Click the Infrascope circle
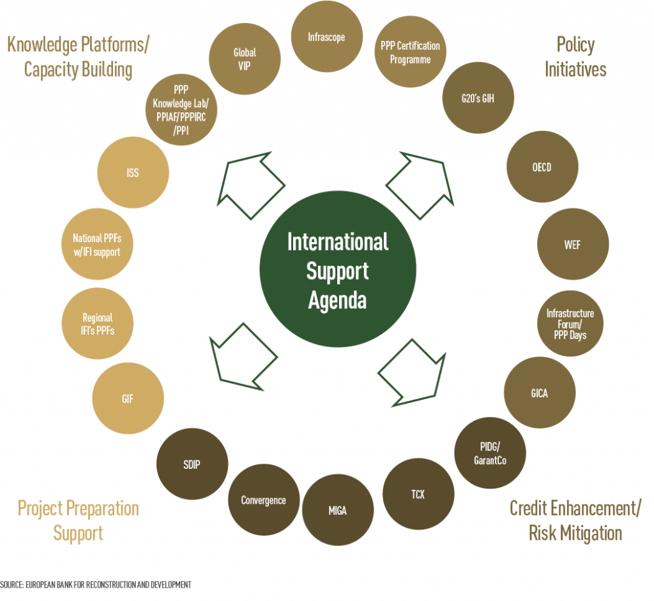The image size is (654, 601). click(x=326, y=37)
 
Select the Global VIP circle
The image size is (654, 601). click(x=245, y=58)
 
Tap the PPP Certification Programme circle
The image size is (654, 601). click(x=410, y=52)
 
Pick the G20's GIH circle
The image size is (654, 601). click(x=478, y=98)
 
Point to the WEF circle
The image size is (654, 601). click(x=572, y=245)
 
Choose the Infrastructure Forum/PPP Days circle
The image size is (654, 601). click(x=570, y=324)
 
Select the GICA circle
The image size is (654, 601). click(x=539, y=393)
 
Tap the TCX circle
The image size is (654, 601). click(x=418, y=494)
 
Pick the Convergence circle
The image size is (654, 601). click(x=263, y=500)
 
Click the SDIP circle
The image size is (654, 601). click(x=192, y=464)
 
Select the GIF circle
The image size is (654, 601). click(x=128, y=399)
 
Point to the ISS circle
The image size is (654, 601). click(x=132, y=173)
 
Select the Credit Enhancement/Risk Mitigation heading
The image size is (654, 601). click(x=575, y=521)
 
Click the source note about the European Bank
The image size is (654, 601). click(x=96, y=584)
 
